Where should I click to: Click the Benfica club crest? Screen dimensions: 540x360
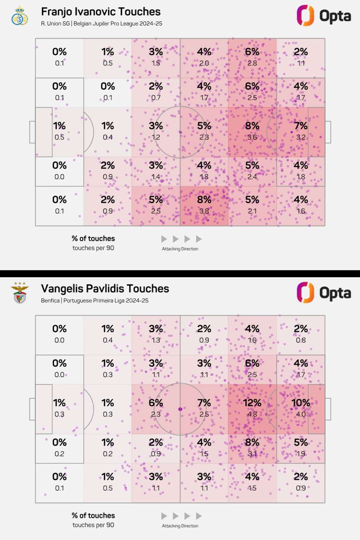tap(20, 293)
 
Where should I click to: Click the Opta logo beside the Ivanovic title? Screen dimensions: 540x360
tap(324, 16)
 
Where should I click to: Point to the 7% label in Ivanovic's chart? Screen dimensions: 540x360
tap(301, 126)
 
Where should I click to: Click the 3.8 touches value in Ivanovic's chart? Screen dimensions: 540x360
tap(204, 211)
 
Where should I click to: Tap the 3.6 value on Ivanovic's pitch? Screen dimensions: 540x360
tap(252, 137)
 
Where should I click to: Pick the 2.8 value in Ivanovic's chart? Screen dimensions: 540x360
tap(252, 63)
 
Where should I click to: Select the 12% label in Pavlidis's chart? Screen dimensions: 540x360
tap(252, 403)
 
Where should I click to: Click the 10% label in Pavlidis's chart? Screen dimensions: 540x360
tap(301, 403)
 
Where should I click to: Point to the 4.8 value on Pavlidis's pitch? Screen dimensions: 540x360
tap(252, 414)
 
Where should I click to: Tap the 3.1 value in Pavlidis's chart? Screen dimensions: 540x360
tap(252, 454)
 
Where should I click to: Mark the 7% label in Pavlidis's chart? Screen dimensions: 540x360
tap(204, 403)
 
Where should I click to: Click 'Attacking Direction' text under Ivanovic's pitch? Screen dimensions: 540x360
tap(180, 249)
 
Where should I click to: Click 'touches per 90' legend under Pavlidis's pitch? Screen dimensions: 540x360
tap(93, 525)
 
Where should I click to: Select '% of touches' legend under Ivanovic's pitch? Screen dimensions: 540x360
tap(93, 238)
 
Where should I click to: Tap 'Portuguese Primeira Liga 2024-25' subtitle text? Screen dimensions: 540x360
tap(106, 300)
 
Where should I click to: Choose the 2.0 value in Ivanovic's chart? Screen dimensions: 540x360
tap(204, 63)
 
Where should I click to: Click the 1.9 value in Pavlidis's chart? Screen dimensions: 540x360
tap(301, 454)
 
